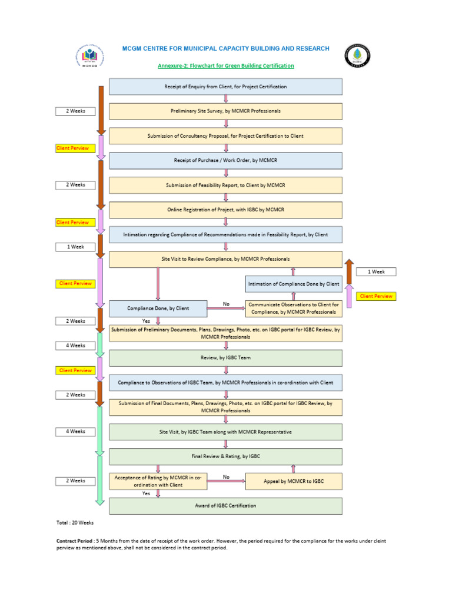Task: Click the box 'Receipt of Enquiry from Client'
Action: [x=225, y=87]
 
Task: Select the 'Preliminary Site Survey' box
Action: [x=225, y=111]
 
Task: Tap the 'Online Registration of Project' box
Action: [x=225, y=210]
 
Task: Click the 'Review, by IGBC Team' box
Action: [x=225, y=357]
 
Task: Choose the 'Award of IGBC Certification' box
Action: [x=225, y=506]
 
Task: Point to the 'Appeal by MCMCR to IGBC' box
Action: [x=293, y=481]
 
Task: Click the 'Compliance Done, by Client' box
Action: [x=158, y=308]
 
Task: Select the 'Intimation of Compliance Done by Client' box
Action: [x=293, y=284]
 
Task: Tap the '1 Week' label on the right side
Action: [x=376, y=272]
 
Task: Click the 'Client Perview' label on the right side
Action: [x=376, y=296]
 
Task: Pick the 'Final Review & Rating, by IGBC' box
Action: [x=225, y=456]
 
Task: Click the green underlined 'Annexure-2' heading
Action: [x=225, y=66]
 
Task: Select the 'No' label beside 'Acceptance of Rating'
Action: [x=226, y=476]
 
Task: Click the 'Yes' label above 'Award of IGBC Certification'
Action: [x=146, y=493]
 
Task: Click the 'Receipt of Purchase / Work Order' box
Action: [x=225, y=161]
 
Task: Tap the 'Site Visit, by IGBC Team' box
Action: [x=225, y=432]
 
